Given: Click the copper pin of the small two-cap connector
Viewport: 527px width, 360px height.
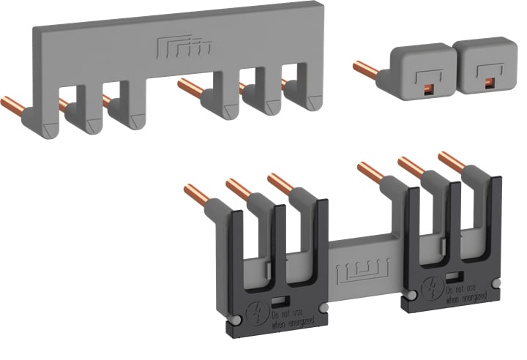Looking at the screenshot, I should (366, 71).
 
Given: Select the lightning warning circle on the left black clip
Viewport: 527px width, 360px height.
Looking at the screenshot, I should (258, 308).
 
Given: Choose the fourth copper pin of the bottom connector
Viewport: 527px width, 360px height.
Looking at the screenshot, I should (370, 173).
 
